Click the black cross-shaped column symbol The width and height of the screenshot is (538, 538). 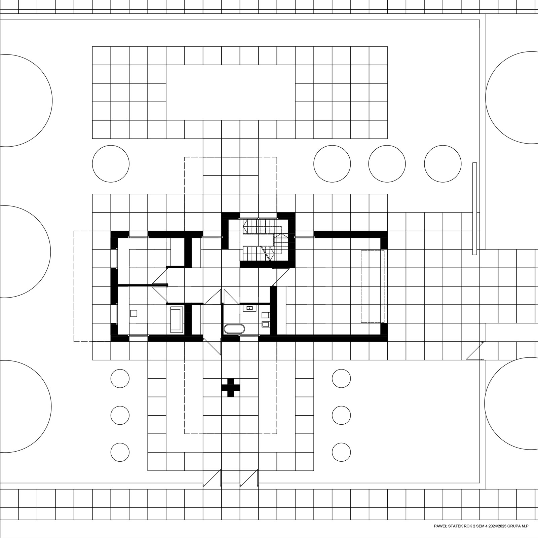[x=231, y=388]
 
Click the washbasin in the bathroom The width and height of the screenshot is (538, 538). [x=249, y=308]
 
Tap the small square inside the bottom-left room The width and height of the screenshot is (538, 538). [x=134, y=313]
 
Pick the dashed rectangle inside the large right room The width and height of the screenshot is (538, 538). [x=373, y=286]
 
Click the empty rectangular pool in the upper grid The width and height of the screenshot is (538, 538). [x=231, y=92]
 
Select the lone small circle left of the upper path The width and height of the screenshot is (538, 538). [x=111, y=164]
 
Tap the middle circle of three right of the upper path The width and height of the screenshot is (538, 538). [x=387, y=164]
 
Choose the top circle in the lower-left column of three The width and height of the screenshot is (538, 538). [x=120, y=378]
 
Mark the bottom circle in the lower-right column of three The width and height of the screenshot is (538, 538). [x=341, y=452]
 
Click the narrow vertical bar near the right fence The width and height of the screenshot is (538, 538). [x=474, y=209]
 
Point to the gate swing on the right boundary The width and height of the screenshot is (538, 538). [x=475, y=350]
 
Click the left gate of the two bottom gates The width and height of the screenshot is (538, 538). [x=212, y=478]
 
